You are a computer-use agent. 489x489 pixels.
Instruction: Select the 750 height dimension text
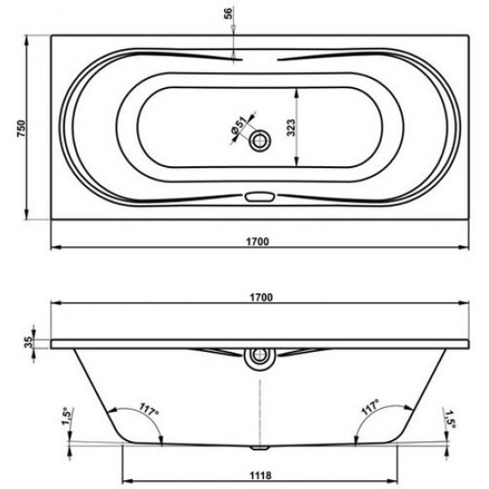point(16,127)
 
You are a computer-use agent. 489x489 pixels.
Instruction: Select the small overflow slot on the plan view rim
point(261,197)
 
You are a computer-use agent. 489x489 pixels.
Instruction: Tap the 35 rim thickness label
point(30,342)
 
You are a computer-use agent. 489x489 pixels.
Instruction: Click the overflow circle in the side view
point(261,357)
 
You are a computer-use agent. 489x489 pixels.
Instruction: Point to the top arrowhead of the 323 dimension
point(295,87)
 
